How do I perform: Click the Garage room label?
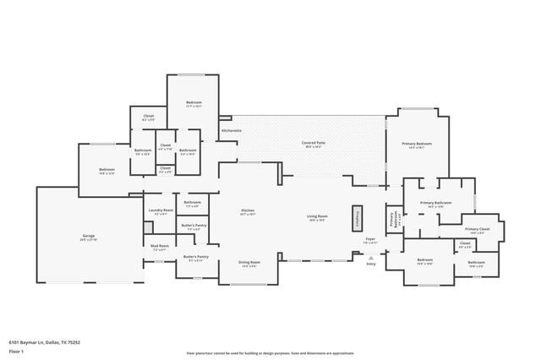[88, 237]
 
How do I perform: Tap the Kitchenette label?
[232, 131]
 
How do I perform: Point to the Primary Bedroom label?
[418, 145]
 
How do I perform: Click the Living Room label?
[317, 217]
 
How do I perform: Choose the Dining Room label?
[251, 263]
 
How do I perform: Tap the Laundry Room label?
[161, 211]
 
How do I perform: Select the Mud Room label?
[160, 247]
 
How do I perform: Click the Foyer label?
[370, 240]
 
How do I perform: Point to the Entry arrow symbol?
[370, 254]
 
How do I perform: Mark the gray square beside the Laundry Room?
[148, 226]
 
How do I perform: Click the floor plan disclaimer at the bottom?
[270, 352]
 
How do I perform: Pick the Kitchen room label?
[248, 211]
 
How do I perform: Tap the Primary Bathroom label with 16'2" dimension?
[436, 205]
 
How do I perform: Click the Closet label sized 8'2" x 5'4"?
[148, 117]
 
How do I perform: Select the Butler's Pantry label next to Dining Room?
[195, 258]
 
